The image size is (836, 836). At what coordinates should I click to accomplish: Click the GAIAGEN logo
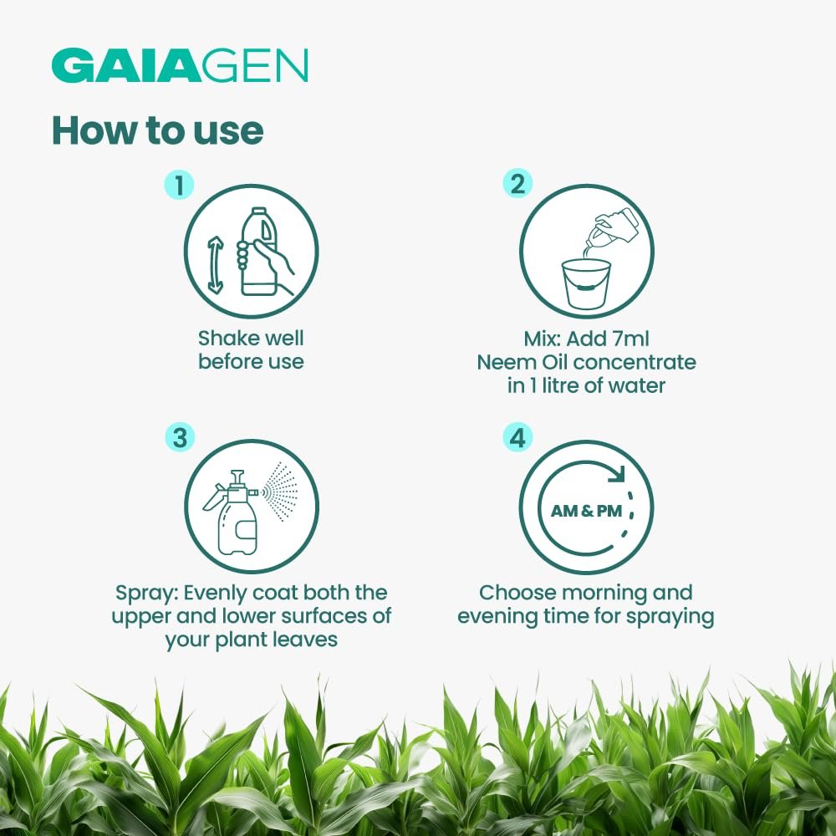point(180,65)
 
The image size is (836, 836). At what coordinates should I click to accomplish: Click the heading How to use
point(158,130)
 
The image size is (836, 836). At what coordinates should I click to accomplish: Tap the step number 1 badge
point(179,185)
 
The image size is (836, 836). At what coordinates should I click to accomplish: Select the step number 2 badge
point(517,184)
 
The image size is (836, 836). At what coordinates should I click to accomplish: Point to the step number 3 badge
point(181,438)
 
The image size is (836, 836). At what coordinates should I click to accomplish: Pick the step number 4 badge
point(517,438)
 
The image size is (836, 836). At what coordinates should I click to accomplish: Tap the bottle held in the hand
point(259,251)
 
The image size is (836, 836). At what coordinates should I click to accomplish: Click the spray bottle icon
point(231,512)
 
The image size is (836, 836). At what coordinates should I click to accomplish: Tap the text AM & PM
point(587,511)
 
